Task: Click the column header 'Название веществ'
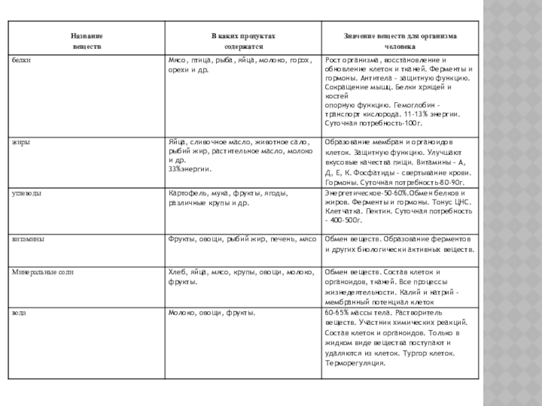coord(87,41)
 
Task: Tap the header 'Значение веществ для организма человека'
coord(400,41)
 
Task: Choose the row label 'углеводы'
coord(25,194)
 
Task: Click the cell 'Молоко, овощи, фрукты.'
coord(211,313)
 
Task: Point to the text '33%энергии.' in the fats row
coord(188,168)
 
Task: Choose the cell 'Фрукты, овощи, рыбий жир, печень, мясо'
coord(243,240)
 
